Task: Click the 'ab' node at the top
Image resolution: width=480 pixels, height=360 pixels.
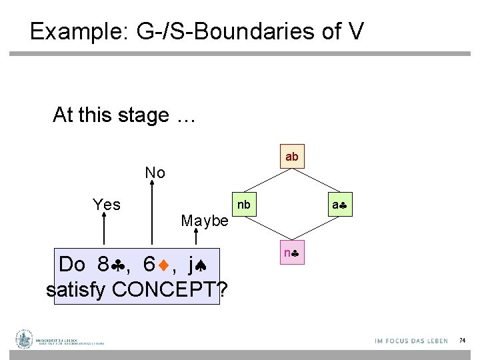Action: click(x=292, y=157)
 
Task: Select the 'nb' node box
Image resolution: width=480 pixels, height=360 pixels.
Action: click(x=244, y=205)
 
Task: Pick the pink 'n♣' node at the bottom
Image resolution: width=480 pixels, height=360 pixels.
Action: click(x=292, y=253)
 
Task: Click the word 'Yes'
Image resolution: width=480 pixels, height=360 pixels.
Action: click(x=107, y=205)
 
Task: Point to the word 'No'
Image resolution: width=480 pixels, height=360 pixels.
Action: click(x=155, y=173)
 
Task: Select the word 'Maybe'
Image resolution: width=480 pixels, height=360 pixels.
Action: click(x=205, y=221)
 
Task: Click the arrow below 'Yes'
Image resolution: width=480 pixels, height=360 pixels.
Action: click(x=104, y=233)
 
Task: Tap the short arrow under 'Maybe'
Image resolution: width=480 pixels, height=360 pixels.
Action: click(x=197, y=237)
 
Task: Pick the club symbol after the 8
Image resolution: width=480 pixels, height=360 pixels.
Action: click(x=120, y=265)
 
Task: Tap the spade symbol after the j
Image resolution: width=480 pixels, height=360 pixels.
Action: click(x=204, y=265)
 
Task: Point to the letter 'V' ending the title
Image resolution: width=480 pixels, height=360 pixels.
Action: click(x=355, y=31)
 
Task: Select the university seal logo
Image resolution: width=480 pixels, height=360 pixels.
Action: click(x=25, y=339)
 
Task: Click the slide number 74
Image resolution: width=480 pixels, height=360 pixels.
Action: click(x=462, y=341)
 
